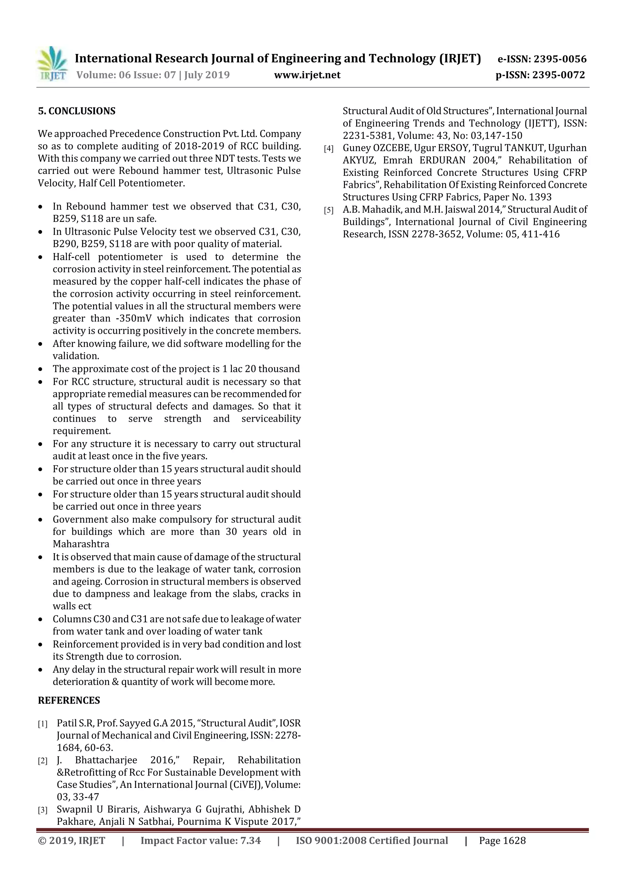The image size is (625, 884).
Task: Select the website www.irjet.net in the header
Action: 307,75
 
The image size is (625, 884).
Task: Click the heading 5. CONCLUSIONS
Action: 77,111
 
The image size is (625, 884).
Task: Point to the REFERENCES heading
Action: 69,700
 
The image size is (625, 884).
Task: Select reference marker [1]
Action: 42,724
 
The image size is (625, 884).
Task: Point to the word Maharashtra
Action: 81,544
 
